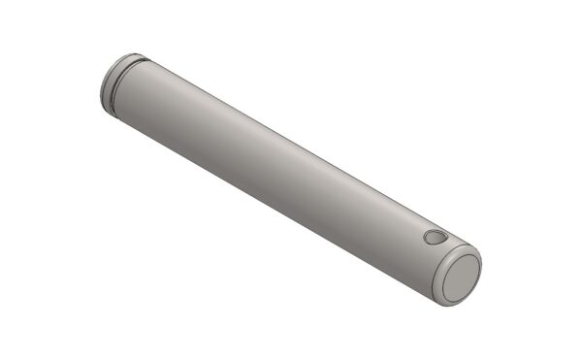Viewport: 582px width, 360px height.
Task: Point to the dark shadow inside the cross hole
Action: [433, 239]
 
